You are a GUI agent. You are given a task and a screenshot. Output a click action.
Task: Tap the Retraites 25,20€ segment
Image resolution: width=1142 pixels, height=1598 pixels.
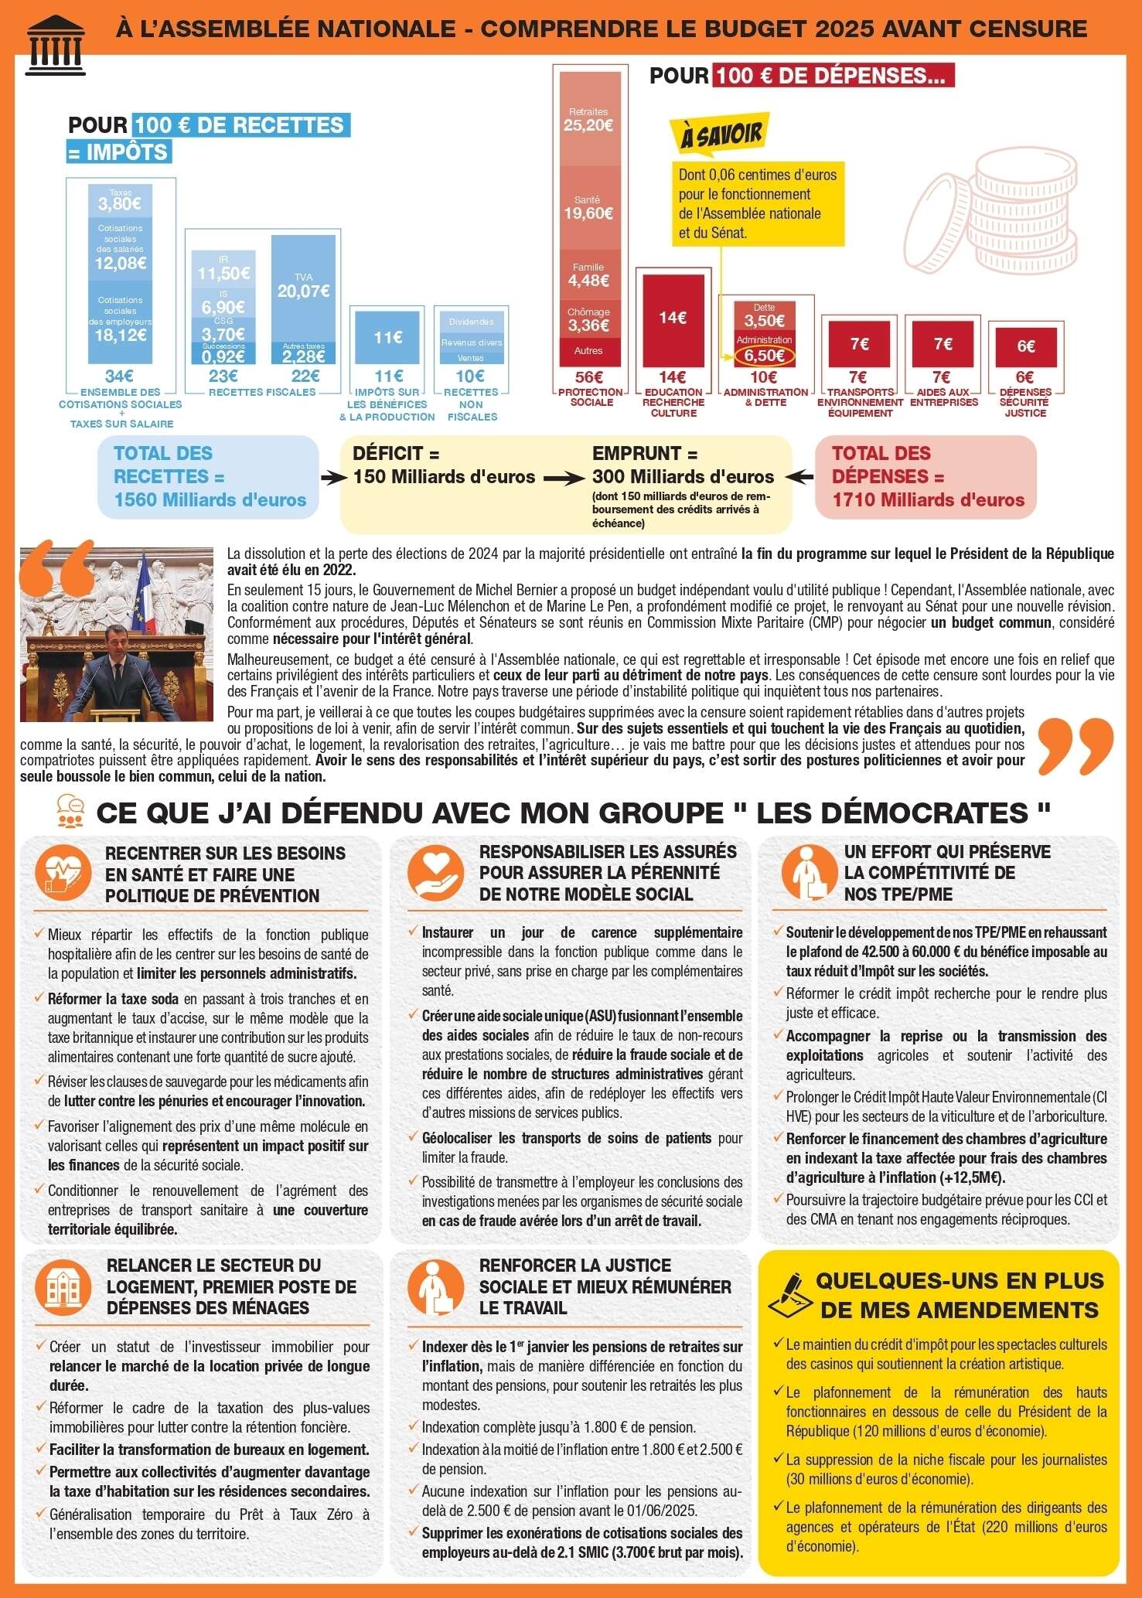(x=588, y=119)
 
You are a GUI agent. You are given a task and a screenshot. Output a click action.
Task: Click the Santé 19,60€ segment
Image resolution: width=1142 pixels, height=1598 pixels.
(x=588, y=207)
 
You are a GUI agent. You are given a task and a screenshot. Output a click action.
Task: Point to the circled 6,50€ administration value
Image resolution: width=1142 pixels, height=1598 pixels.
(x=765, y=356)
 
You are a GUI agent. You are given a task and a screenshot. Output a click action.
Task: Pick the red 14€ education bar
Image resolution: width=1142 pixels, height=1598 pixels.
(x=672, y=318)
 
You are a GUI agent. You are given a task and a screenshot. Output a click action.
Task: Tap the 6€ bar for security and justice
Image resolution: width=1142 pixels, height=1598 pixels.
(x=1025, y=346)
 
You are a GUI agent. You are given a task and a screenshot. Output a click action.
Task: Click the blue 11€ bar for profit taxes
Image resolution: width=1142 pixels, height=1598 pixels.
(x=387, y=337)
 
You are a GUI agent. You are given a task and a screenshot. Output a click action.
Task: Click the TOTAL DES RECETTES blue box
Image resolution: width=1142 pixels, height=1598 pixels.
(x=208, y=477)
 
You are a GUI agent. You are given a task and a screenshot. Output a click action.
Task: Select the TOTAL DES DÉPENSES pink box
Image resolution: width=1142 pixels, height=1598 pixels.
(x=926, y=477)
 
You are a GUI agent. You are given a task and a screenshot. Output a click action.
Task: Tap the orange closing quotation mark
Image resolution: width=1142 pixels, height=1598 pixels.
(x=1074, y=745)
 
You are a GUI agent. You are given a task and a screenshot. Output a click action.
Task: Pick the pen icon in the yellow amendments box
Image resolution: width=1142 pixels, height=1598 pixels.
(x=789, y=1295)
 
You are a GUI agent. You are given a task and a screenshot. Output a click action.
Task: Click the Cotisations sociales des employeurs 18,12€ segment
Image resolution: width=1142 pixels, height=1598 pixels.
(x=121, y=321)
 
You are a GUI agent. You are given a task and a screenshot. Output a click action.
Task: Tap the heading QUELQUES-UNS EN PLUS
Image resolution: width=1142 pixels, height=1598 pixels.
(x=960, y=1280)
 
